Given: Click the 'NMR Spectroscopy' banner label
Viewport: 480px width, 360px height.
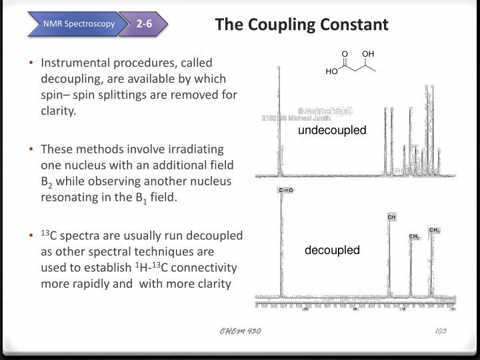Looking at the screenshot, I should pyautogui.click(x=79, y=25).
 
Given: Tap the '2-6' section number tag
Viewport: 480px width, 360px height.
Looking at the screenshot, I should pyautogui.click(x=144, y=25).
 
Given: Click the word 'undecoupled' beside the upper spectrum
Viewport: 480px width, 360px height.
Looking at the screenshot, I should pyautogui.click(x=332, y=130).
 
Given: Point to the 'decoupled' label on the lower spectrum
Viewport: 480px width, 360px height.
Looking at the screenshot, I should pyautogui.click(x=332, y=250).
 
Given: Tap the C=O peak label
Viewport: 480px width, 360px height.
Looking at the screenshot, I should pyautogui.click(x=286, y=190).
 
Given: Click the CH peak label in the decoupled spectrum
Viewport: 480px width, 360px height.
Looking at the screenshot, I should pyautogui.click(x=392, y=217).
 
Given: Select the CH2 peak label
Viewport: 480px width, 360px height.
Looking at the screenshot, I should pyautogui.click(x=413, y=237).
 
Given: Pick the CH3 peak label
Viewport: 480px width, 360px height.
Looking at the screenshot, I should pyautogui.click(x=434, y=231).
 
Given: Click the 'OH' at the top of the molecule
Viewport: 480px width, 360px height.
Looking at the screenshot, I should pyautogui.click(x=368, y=53).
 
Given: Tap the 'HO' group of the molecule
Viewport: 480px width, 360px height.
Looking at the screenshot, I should pyautogui.click(x=332, y=71).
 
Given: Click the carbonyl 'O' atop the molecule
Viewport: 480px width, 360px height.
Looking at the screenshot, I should pyautogui.click(x=345, y=53).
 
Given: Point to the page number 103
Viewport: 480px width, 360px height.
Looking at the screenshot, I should pyautogui.click(x=439, y=331).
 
